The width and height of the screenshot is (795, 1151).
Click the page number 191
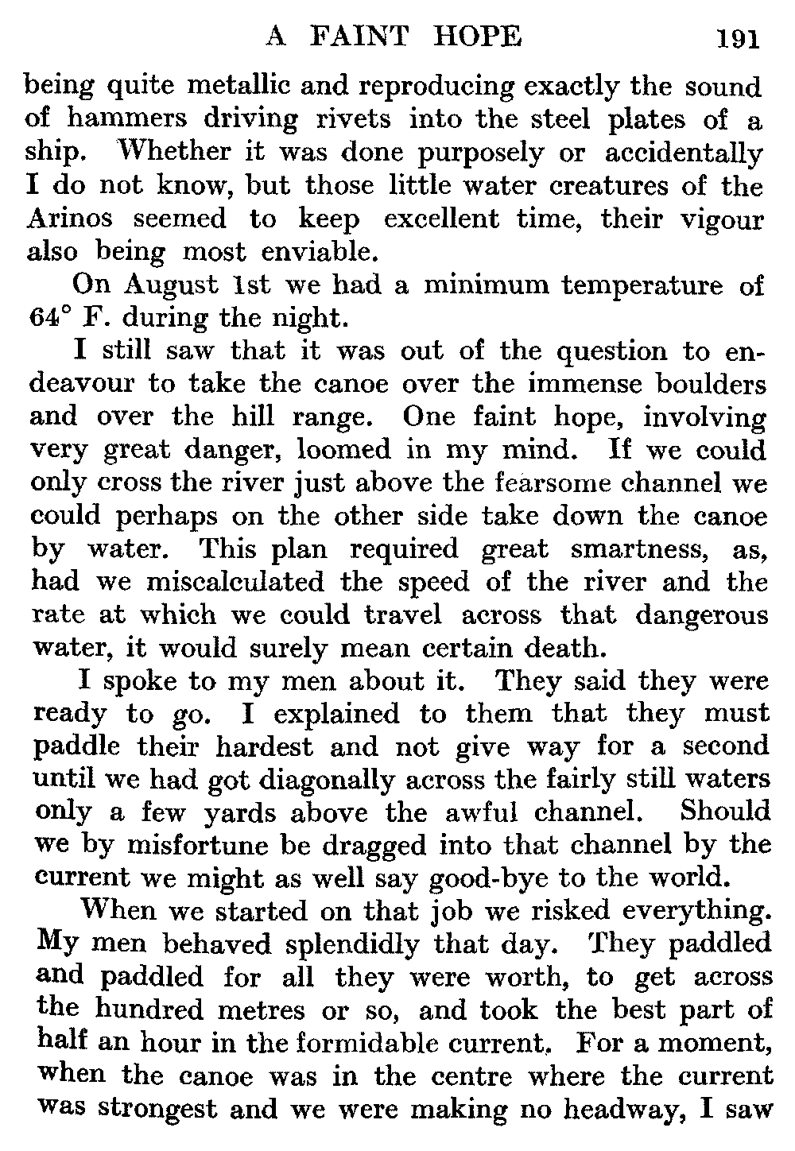(x=739, y=39)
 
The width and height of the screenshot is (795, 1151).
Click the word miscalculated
(x=235, y=582)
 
